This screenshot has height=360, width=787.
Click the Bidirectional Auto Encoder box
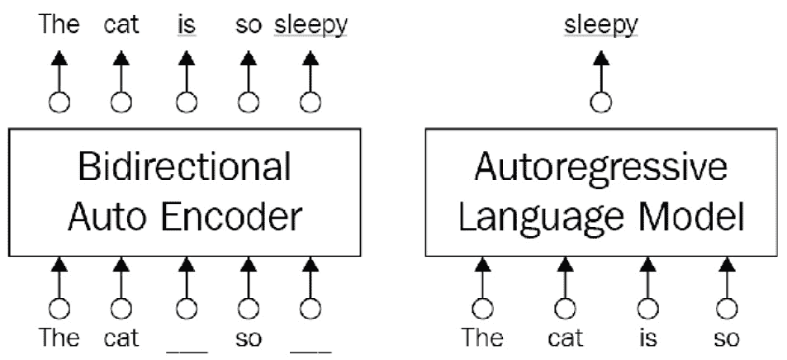tap(185, 192)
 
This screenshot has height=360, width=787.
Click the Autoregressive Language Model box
tap(601, 192)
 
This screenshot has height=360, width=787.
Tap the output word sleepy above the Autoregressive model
tap(601, 25)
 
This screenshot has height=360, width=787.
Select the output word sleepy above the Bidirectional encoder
tap(311, 25)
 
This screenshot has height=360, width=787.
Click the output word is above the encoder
tap(187, 25)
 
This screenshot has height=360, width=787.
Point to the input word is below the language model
tap(647, 338)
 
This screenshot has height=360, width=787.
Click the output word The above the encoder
tap(59, 25)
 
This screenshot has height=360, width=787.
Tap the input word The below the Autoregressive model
tap(482, 338)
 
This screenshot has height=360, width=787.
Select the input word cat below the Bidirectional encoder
tap(121, 338)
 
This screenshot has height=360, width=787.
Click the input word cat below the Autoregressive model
tap(565, 338)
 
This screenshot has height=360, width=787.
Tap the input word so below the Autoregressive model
tap(727, 338)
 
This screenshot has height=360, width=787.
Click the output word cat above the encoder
tap(121, 25)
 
